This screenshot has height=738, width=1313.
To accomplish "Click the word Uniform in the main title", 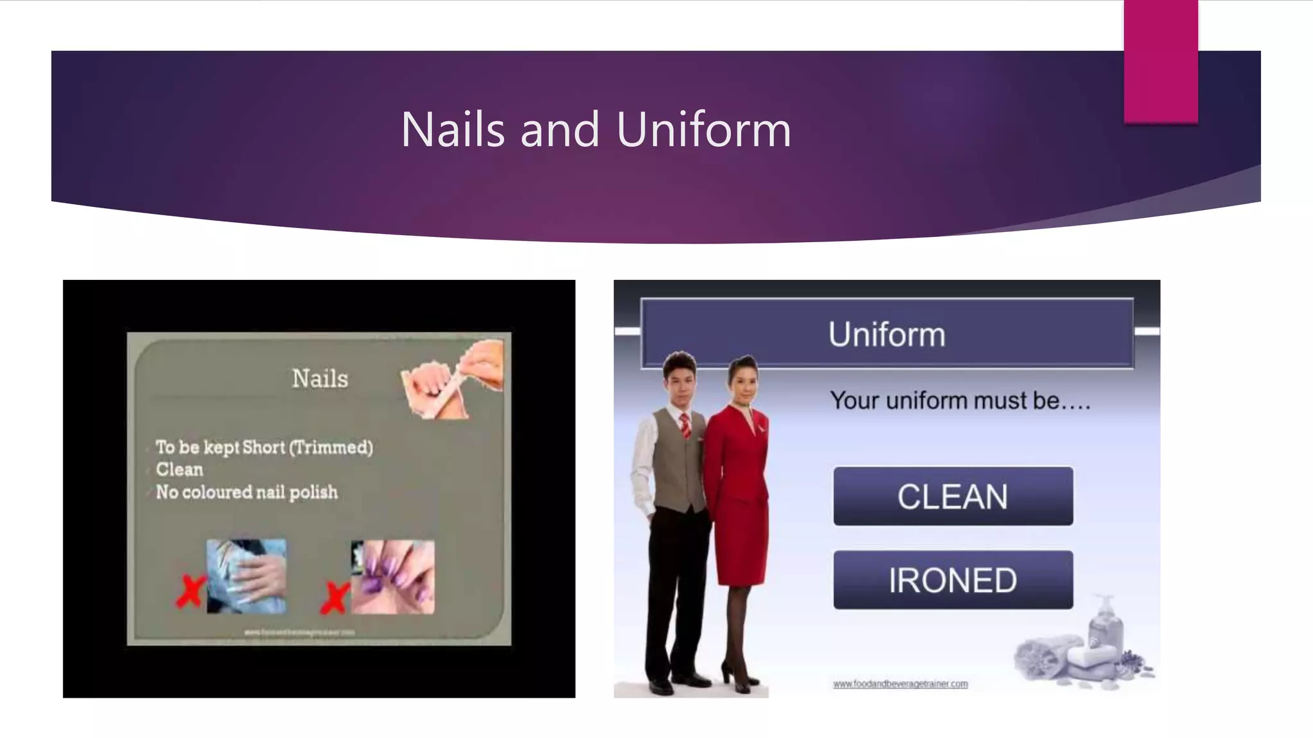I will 703,129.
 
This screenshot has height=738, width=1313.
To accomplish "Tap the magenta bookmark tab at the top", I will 1160,61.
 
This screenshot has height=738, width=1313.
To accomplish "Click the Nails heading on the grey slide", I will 320,379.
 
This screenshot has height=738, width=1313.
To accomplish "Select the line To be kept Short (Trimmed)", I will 264,447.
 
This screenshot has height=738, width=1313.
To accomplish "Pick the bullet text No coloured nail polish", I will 247,492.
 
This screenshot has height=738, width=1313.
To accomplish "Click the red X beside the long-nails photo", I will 190,591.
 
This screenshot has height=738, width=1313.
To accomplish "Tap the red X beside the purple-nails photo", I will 335,596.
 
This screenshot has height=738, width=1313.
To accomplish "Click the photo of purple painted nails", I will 393,577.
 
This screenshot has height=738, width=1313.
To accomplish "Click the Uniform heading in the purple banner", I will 887,334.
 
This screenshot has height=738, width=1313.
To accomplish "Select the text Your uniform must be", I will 959,401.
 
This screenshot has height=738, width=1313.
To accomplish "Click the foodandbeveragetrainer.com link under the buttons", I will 900,684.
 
